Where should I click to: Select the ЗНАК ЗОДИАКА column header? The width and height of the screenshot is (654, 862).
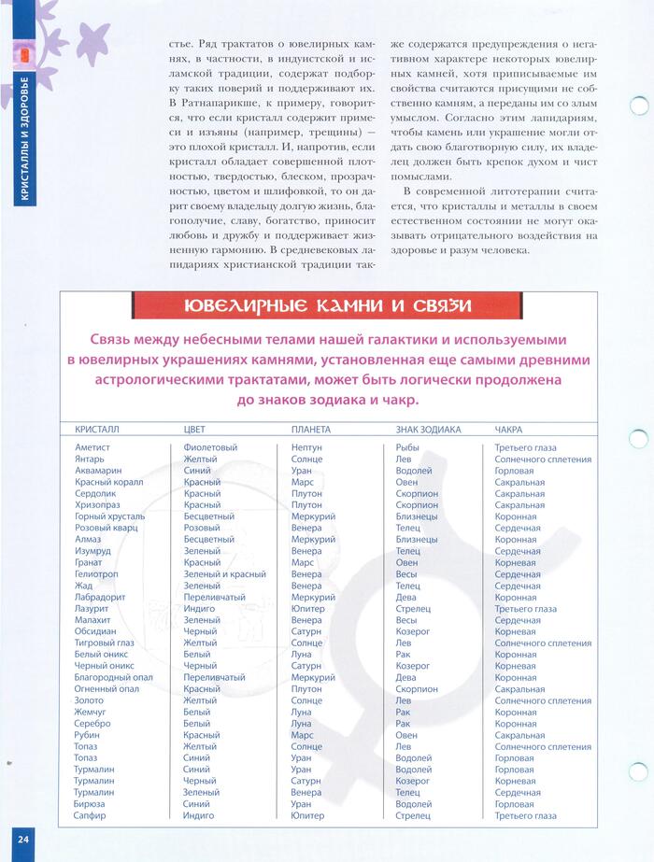tap(429, 430)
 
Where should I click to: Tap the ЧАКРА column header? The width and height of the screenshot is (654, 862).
tap(508, 430)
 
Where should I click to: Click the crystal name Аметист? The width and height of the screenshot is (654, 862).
tap(92, 447)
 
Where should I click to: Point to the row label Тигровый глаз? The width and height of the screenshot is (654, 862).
tap(104, 643)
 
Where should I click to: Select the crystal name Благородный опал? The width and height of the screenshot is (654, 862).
tap(113, 677)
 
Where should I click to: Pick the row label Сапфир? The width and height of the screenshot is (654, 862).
tap(90, 815)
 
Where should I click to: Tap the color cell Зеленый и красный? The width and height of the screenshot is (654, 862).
tap(224, 574)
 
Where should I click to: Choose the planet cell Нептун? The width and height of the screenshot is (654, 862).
tap(306, 447)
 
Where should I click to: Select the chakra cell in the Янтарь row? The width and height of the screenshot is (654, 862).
tap(543, 459)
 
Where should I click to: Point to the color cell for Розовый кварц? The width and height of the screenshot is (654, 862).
tap(202, 528)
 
